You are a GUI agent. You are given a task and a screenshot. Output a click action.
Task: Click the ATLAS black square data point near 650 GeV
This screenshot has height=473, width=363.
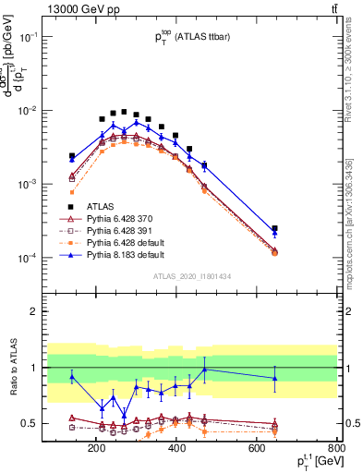[274, 228]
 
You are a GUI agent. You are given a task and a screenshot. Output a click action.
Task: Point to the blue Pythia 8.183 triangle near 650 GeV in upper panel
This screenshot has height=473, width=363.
[274, 233]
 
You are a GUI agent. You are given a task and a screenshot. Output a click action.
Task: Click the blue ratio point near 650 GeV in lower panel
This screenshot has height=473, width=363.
[274, 378]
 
